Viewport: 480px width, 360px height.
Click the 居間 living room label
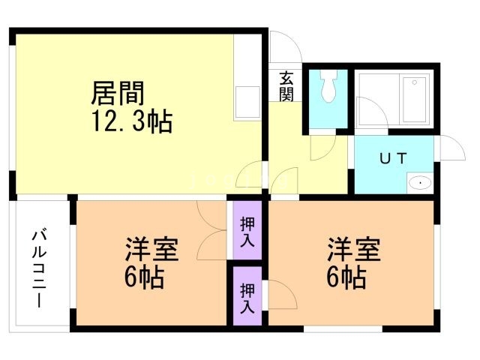(x=117, y=93)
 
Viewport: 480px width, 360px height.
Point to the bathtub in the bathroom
(x=415, y=100)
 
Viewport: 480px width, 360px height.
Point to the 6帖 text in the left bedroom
(x=144, y=278)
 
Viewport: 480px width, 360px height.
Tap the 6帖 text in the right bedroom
(x=346, y=278)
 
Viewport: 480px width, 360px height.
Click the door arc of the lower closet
(x=274, y=292)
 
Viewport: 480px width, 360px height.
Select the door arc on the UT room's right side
(x=448, y=146)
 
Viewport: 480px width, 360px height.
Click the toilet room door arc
(x=322, y=145)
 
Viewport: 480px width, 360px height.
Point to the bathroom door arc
(x=372, y=114)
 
